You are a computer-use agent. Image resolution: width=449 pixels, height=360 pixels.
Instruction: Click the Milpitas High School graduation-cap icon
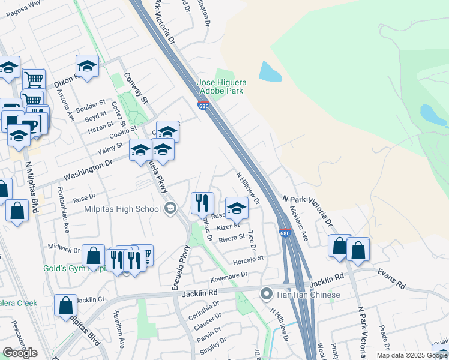[x=170, y=208]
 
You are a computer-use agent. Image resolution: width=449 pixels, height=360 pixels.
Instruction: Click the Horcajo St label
[x=249, y=259]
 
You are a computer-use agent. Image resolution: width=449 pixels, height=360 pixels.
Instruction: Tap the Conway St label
[x=135, y=88]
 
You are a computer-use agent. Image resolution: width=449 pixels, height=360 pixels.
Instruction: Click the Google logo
[x=20, y=353]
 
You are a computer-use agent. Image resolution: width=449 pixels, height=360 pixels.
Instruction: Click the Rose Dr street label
[x=84, y=197]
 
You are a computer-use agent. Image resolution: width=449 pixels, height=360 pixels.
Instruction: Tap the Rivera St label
[x=232, y=238]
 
